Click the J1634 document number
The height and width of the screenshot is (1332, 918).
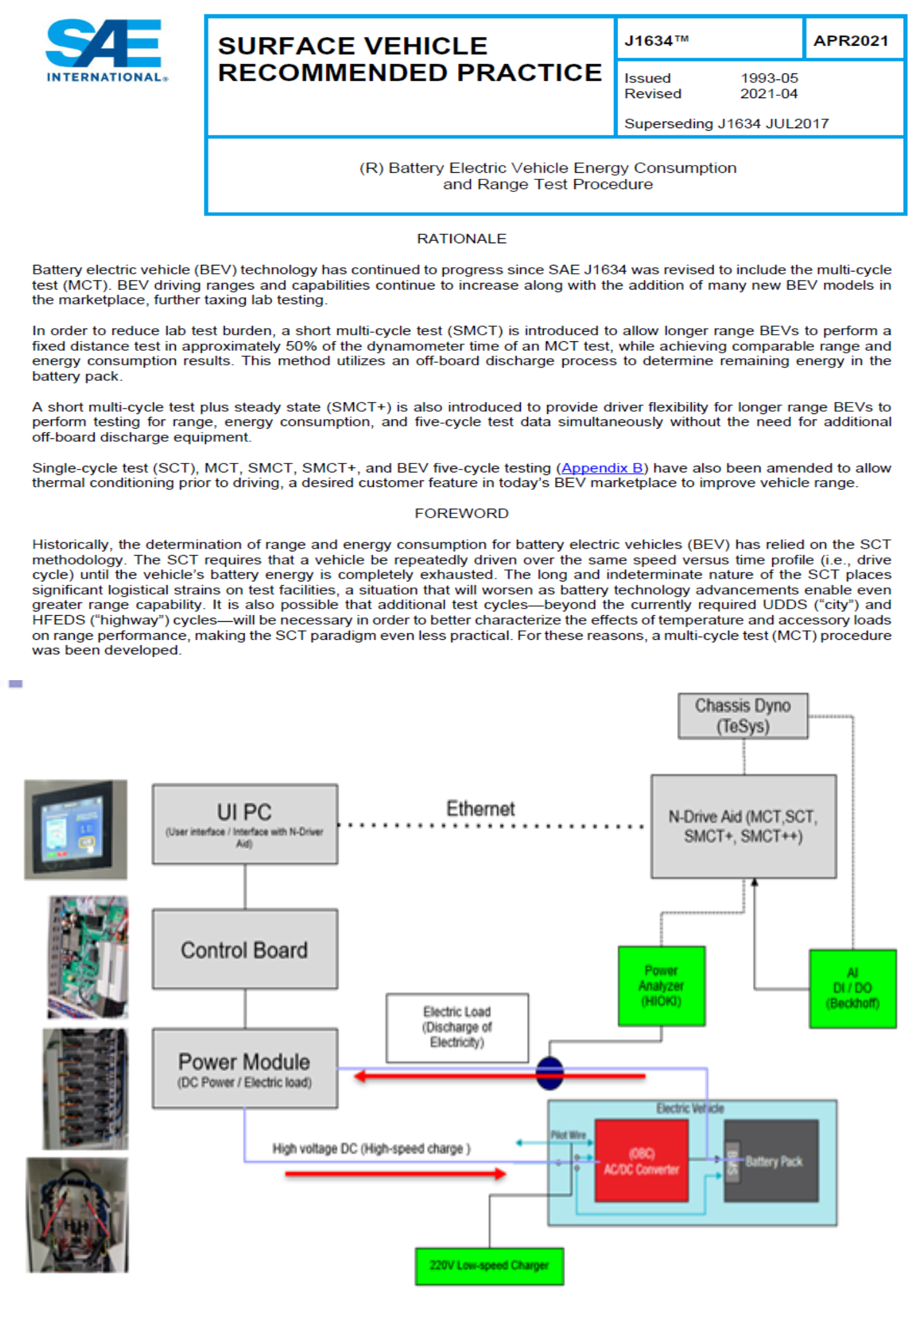tap(656, 41)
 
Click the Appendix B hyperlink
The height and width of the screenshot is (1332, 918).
tap(601, 468)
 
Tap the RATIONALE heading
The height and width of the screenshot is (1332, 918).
tap(461, 239)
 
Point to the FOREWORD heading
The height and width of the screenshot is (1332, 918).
tap(461, 513)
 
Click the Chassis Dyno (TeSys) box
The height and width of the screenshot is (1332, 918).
tap(742, 716)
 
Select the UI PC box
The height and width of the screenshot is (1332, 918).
tap(244, 824)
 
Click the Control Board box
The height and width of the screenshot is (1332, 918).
tap(244, 949)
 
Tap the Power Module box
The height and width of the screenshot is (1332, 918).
tap(244, 1068)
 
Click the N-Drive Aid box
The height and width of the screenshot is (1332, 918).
tap(743, 826)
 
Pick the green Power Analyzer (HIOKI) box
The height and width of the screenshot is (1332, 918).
tap(661, 986)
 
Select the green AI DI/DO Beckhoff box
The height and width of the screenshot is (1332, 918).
tap(852, 988)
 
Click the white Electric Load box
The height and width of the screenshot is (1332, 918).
tap(457, 1027)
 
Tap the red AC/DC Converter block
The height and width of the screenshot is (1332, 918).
tap(641, 1161)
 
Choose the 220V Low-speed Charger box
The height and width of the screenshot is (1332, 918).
tap(489, 1266)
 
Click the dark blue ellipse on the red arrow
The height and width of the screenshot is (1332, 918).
tap(549, 1073)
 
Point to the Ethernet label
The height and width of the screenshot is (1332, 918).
tap(480, 808)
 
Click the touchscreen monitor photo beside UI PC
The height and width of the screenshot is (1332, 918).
tap(76, 829)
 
